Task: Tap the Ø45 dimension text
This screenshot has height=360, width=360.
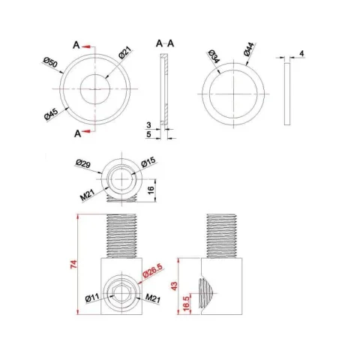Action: pyautogui.click(x=52, y=115)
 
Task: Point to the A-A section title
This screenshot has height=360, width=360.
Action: pyautogui.click(x=166, y=44)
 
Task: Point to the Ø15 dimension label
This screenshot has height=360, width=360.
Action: pyautogui.click(x=147, y=163)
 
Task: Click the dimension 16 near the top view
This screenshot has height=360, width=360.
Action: pyautogui.click(x=151, y=189)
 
